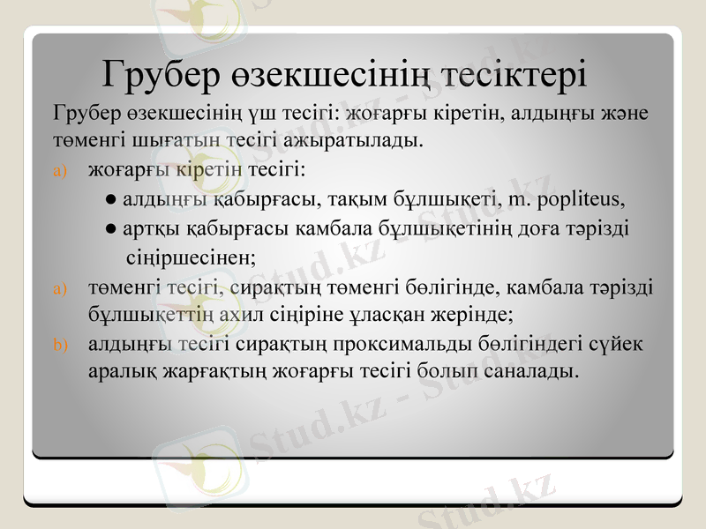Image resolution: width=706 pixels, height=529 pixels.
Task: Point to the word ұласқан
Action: pyautogui.click(x=412, y=313)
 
